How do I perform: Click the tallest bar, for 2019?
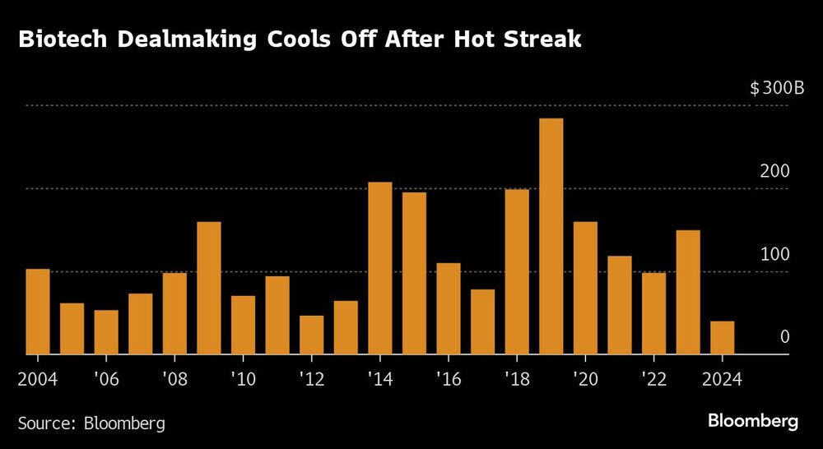point(551,237)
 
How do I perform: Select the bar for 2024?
point(722,338)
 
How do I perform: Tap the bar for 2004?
point(38,312)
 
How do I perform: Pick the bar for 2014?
point(379,268)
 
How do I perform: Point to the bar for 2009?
point(209,288)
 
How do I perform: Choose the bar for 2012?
point(311,335)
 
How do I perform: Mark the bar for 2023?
point(688,292)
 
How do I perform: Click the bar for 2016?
point(449,308)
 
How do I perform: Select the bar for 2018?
point(517,272)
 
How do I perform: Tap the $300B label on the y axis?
point(777,88)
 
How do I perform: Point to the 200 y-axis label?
point(777,171)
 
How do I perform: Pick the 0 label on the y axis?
point(785,337)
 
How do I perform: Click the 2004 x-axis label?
point(38,380)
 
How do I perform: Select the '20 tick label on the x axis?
point(585,380)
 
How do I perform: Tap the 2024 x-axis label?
point(722,380)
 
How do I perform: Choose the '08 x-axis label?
point(174,380)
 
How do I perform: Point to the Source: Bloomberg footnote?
point(91,424)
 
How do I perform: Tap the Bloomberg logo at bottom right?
point(753,421)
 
